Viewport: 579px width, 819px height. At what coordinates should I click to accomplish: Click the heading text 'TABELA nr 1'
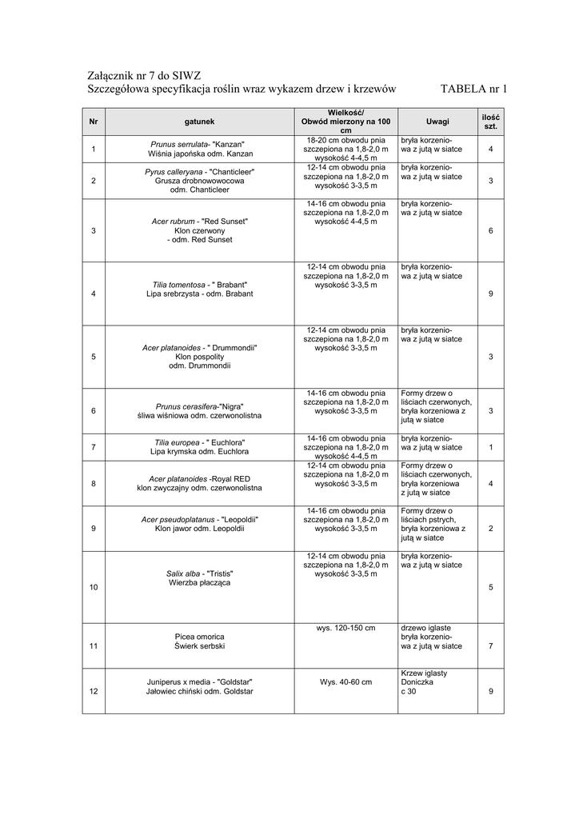pos(474,89)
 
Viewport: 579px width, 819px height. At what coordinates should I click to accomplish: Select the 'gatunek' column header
pos(199,122)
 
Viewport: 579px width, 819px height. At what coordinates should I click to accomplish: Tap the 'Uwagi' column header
pos(437,122)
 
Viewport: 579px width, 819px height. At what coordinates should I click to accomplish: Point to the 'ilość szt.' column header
pos(490,122)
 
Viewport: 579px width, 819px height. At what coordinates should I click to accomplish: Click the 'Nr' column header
pos(94,122)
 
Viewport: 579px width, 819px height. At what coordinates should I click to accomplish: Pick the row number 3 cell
pos(94,231)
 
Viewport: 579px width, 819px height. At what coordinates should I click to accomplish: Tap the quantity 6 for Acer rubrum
pos(490,231)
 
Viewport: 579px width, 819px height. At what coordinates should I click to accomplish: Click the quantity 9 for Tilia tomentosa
pos(490,294)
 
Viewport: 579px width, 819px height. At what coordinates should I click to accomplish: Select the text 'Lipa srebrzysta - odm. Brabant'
pos(200,294)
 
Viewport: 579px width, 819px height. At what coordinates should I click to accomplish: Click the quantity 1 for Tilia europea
pos(490,447)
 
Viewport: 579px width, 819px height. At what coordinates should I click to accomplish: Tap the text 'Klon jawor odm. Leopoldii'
pos(200,529)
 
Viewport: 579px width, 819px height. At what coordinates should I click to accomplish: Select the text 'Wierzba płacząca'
pos(200,583)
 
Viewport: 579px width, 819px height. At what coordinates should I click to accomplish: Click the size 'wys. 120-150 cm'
pos(345,628)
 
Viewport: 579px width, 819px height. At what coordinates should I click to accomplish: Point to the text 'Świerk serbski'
pos(200,645)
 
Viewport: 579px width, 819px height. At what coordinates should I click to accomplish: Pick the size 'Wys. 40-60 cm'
pos(345,682)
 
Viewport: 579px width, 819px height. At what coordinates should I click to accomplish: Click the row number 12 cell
pos(94,691)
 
